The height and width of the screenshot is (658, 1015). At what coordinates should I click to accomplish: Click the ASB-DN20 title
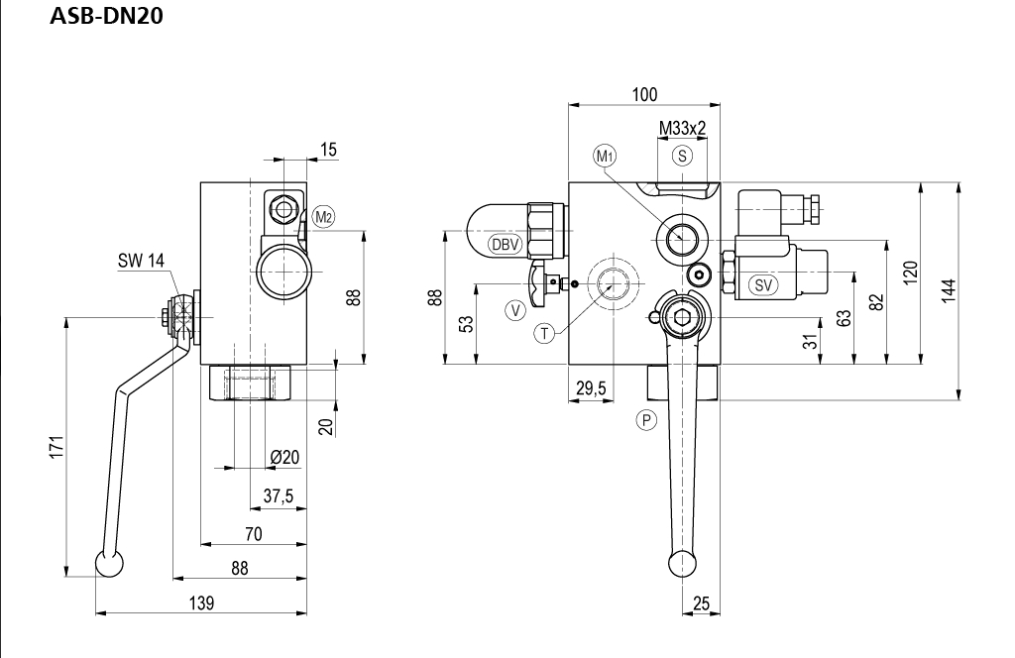click(x=106, y=16)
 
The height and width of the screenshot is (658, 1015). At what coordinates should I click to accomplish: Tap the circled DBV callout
click(x=505, y=244)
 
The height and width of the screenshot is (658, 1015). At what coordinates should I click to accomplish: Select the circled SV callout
click(x=763, y=284)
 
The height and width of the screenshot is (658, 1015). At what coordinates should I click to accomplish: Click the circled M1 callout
click(x=605, y=156)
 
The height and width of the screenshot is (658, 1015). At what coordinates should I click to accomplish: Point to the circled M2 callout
click(x=324, y=217)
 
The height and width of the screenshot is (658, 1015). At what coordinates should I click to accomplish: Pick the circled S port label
click(x=682, y=156)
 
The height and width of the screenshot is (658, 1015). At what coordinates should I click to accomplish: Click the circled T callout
click(x=544, y=333)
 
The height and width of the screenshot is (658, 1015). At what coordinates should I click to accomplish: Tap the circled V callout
click(x=515, y=310)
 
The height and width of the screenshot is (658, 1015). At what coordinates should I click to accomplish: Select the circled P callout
click(x=646, y=420)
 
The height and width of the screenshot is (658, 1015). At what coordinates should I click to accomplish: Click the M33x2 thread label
click(x=682, y=128)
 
